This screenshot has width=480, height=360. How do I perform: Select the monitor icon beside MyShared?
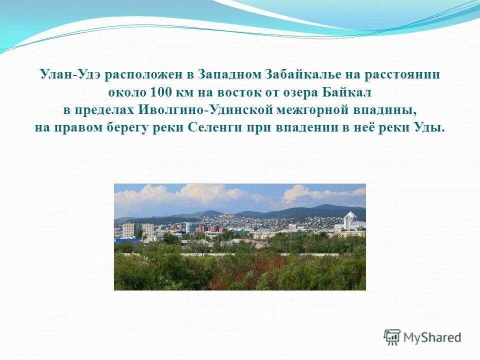tap(392, 337)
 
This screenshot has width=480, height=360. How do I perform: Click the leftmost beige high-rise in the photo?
tap(128, 229)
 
